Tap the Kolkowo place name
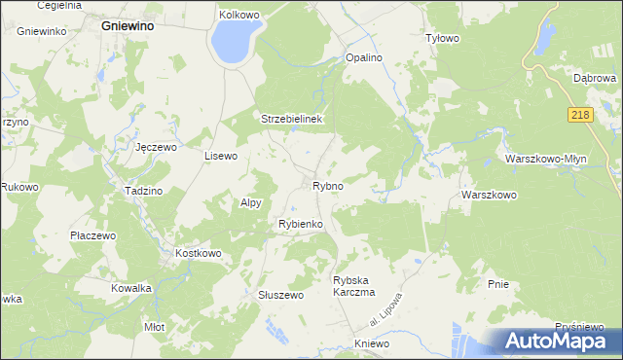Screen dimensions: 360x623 coord(238,15)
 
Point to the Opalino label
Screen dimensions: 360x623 coord(364,58)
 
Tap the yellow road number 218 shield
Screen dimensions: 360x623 coord(579,115)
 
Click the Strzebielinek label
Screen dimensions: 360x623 coord(292,119)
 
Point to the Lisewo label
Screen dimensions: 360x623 coord(220,156)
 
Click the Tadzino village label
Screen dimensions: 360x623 coord(143,191)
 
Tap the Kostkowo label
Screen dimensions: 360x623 coord(199,253)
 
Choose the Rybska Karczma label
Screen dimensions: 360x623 coord(353,285)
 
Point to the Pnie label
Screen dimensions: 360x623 coord(498,284)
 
